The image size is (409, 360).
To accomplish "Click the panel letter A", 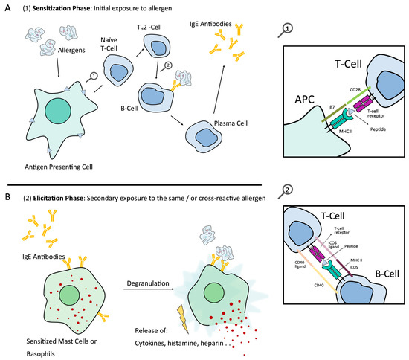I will click(7, 8).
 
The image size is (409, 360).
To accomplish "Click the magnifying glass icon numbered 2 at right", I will click(289, 193).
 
